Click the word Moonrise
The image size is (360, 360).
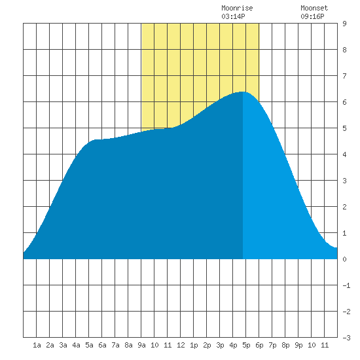click(237, 8)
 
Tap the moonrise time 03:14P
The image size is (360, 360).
click(233, 16)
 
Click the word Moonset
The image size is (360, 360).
click(314, 8)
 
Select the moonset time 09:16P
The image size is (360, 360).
click(312, 16)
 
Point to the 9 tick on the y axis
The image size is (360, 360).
click(344, 24)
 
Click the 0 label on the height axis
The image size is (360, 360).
click(344, 259)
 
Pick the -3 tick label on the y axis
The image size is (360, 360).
click(346, 338)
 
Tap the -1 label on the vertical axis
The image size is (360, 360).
click(346, 285)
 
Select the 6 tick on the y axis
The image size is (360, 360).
click(344, 102)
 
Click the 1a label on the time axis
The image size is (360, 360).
click(37, 345)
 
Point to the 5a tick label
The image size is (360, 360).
click(89, 345)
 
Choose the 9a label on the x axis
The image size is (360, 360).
click(141, 345)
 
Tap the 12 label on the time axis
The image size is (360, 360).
click(181, 345)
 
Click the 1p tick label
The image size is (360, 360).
click(194, 345)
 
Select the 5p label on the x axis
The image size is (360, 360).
click(246, 345)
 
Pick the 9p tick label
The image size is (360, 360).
click(298, 345)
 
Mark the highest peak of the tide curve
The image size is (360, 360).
click(243, 92)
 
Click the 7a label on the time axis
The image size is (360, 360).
click(115, 345)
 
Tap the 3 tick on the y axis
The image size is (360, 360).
click(344, 181)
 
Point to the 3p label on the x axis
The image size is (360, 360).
click(220, 345)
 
